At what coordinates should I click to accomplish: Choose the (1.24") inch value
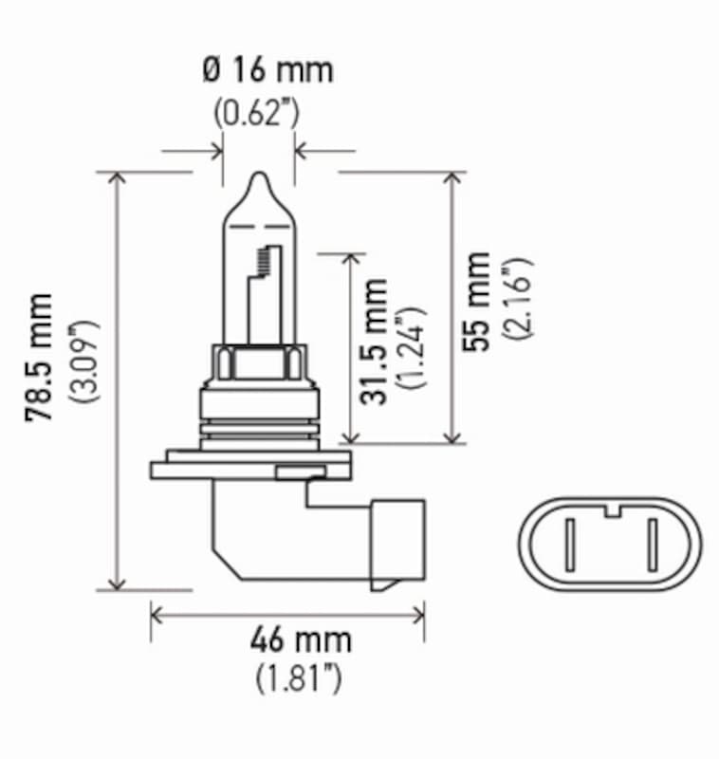[411, 348]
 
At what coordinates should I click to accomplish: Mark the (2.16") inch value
[519, 301]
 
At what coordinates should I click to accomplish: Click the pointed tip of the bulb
[259, 176]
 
